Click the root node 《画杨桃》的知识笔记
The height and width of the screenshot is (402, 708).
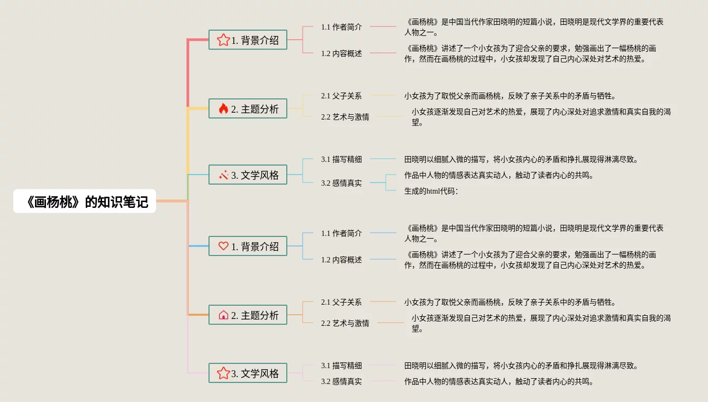click(85, 202)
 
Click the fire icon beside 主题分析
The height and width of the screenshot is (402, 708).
click(223, 109)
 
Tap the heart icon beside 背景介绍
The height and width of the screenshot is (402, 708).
click(223, 246)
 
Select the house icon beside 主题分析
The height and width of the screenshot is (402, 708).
click(223, 315)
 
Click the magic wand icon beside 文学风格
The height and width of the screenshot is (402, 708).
click(223, 175)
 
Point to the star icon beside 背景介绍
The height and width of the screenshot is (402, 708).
click(223, 40)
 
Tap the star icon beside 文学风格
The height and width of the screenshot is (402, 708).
click(223, 373)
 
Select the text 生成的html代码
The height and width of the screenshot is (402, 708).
click(431, 191)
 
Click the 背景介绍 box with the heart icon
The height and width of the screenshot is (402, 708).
click(248, 246)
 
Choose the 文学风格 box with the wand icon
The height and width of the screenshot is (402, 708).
click(248, 175)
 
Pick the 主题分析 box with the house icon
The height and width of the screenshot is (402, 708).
click(248, 315)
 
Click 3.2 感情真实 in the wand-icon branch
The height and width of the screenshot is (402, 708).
click(341, 183)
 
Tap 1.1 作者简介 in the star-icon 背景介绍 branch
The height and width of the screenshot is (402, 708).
click(341, 26)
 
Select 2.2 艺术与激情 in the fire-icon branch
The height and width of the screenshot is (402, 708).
click(345, 117)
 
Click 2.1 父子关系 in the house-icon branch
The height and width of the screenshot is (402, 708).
click(341, 302)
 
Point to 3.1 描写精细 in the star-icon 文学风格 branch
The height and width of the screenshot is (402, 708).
click(341, 366)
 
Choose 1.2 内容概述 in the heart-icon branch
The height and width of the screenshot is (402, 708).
click(341, 260)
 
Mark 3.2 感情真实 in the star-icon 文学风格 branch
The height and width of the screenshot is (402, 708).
click(341, 381)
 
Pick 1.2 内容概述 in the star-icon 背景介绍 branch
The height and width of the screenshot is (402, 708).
click(341, 53)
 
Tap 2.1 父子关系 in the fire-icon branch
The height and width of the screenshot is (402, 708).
click(341, 96)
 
